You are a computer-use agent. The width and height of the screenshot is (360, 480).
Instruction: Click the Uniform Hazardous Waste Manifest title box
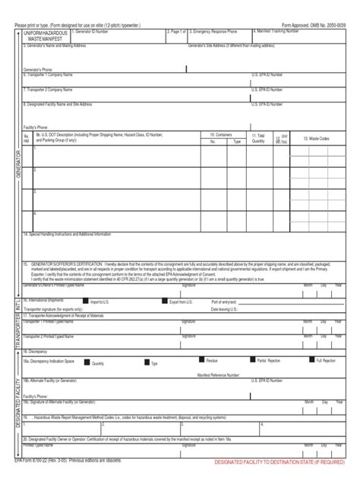pos(46,36)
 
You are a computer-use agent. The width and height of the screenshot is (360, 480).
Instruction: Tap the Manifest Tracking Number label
pos(281,32)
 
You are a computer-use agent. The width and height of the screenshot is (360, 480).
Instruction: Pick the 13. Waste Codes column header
pos(316,138)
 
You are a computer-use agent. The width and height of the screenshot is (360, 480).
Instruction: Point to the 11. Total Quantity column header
pos(259,137)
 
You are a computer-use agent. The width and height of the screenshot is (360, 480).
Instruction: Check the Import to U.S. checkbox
pos(87,302)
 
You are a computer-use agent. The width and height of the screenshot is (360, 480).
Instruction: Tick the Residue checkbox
pos(201,360)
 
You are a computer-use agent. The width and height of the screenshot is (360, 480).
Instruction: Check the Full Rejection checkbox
pos(311,360)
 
